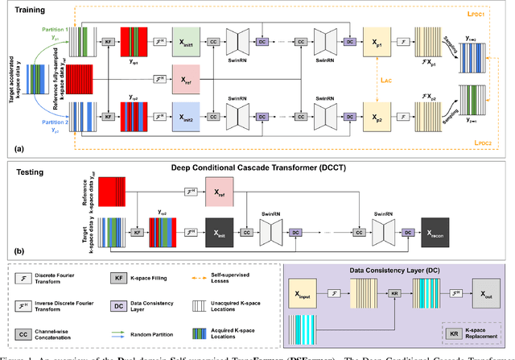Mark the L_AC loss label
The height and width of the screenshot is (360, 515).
point(386,81)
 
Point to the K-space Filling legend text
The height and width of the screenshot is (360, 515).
point(150,279)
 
